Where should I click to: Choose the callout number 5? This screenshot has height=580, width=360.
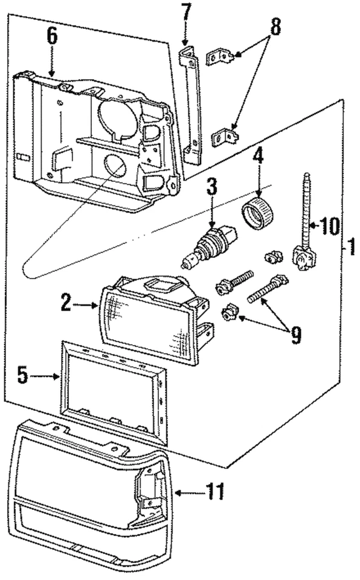pyautogui.click(x=23, y=376)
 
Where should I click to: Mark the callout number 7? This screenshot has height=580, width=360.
pyautogui.click(x=186, y=11)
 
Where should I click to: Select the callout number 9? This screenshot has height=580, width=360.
pyautogui.click(x=295, y=334)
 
